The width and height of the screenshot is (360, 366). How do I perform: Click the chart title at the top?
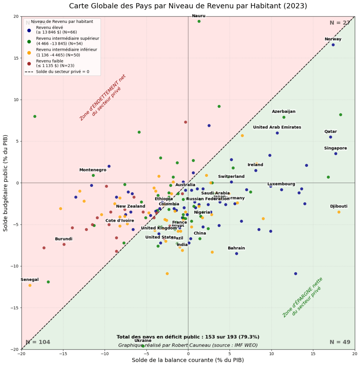188,6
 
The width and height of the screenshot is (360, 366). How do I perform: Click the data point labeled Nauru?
199,21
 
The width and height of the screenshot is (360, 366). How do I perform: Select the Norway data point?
333,45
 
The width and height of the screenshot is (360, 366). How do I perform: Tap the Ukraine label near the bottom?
143,341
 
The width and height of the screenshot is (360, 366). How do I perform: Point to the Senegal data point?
30,285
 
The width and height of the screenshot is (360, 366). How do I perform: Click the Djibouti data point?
339,212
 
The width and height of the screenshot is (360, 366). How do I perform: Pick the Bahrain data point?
236,254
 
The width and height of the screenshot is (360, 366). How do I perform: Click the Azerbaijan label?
284,112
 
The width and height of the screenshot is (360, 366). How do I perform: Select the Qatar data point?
331,137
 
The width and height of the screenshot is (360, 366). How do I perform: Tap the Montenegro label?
93,170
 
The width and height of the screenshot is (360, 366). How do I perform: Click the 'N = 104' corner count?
38,342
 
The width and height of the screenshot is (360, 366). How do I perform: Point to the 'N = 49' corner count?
340,342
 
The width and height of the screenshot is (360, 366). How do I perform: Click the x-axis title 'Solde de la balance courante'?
188,360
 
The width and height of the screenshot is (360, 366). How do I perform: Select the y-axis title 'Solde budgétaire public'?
6,183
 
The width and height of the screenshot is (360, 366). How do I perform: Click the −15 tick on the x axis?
63,354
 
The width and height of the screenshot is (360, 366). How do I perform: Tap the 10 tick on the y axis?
16,100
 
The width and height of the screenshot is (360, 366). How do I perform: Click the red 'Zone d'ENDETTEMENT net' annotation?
103,97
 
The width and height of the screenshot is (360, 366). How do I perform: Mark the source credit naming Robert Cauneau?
188,345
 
